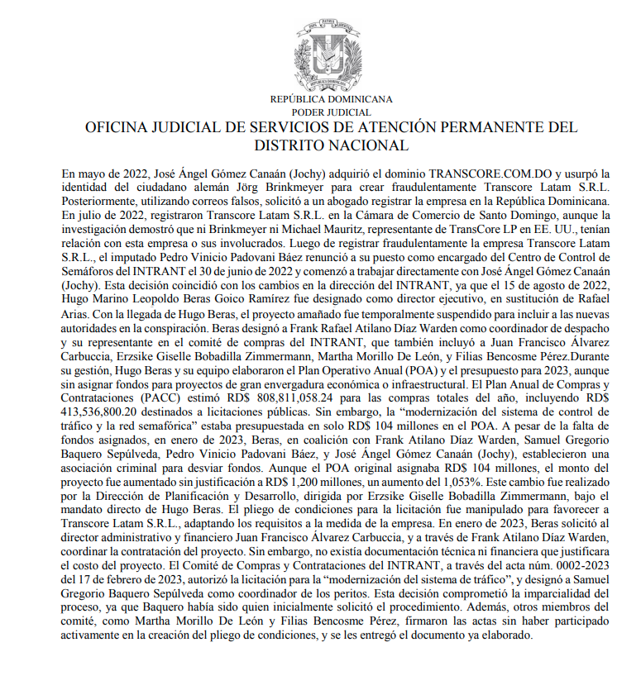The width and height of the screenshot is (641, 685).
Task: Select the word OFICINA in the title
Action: [116, 128]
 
